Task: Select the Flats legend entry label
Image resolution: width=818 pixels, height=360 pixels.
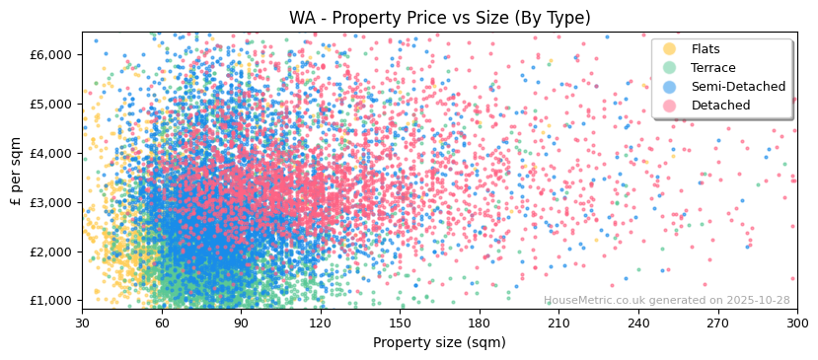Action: (x=706, y=49)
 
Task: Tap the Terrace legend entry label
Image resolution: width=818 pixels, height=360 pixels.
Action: (x=712, y=68)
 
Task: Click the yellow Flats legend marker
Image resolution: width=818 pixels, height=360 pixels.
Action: (x=670, y=49)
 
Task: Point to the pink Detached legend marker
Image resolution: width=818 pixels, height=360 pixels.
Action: (x=670, y=106)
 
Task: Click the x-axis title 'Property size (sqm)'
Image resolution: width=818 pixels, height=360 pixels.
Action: (x=439, y=343)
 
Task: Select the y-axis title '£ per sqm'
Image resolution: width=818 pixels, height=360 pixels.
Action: (x=16, y=170)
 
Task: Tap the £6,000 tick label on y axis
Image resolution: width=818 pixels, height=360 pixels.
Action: (x=51, y=54)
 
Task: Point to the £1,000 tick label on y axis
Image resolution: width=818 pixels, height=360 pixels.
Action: (x=51, y=301)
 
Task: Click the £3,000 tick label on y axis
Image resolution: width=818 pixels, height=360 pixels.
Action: (x=51, y=202)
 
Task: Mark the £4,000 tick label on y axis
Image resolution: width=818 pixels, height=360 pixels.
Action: (x=51, y=153)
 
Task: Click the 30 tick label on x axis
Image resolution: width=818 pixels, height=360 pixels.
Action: (x=82, y=323)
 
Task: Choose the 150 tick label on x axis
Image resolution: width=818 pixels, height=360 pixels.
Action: (x=400, y=323)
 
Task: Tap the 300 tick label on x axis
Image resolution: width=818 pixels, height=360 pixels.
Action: (x=796, y=323)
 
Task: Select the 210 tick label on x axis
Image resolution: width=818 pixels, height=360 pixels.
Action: (x=558, y=323)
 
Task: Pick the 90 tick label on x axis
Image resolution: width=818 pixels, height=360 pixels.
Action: (x=241, y=323)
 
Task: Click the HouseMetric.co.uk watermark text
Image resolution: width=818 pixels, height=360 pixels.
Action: (x=666, y=301)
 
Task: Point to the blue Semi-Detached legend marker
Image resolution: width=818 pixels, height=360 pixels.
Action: (x=670, y=87)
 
